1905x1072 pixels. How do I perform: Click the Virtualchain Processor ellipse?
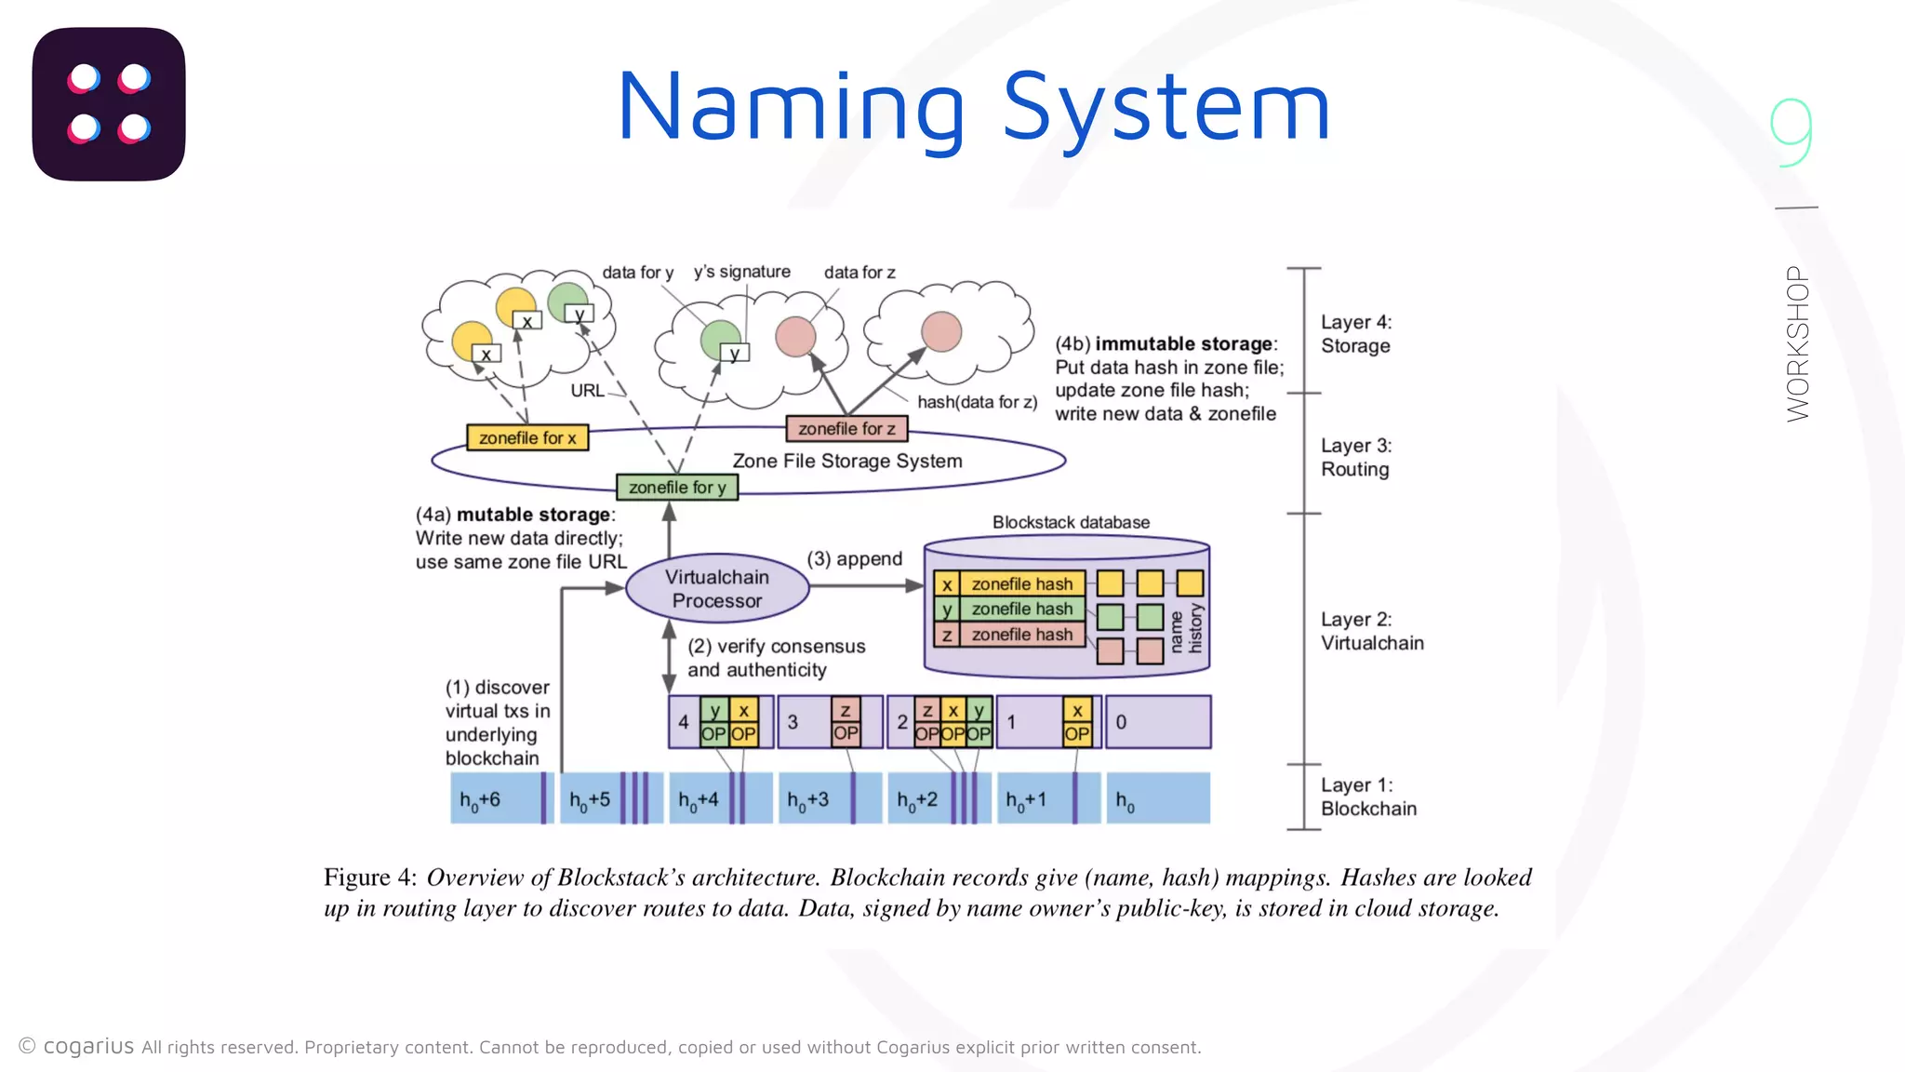(717, 589)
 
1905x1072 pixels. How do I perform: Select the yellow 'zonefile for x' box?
(527, 437)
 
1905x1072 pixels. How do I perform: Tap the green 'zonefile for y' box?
(677, 487)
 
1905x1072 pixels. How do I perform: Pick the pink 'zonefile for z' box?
(846, 428)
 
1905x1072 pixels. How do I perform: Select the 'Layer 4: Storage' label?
(1355, 334)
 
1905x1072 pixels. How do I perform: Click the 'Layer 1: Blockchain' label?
(1367, 797)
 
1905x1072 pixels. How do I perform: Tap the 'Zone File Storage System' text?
(846, 461)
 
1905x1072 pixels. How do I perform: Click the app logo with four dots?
(109, 104)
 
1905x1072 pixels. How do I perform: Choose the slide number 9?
(1791, 132)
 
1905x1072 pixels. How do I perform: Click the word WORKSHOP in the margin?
(1797, 343)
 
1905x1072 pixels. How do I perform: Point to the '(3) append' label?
(854, 558)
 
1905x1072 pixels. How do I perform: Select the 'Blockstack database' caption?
(1071, 522)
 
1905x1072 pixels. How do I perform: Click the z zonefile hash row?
(1010, 635)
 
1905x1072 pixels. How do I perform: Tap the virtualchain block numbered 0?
(1158, 722)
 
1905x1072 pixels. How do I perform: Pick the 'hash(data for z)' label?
(977, 402)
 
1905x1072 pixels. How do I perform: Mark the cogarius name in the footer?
(88, 1046)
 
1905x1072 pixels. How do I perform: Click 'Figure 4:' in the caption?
(369, 878)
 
